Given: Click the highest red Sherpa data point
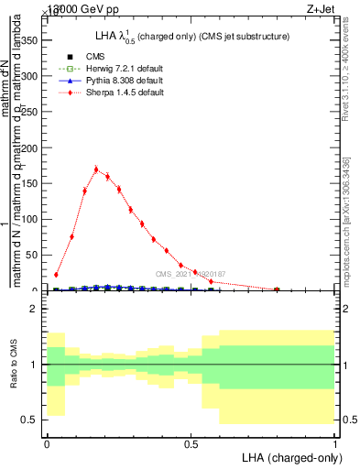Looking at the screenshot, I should click(x=96, y=169).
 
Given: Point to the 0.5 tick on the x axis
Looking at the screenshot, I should click(x=191, y=443).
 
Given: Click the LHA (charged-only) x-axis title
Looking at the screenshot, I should click(x=288, y=457).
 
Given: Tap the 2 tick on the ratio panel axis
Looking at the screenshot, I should click(x=36, y=310).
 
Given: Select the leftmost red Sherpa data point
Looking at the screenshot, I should click(x=56, y=274).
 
